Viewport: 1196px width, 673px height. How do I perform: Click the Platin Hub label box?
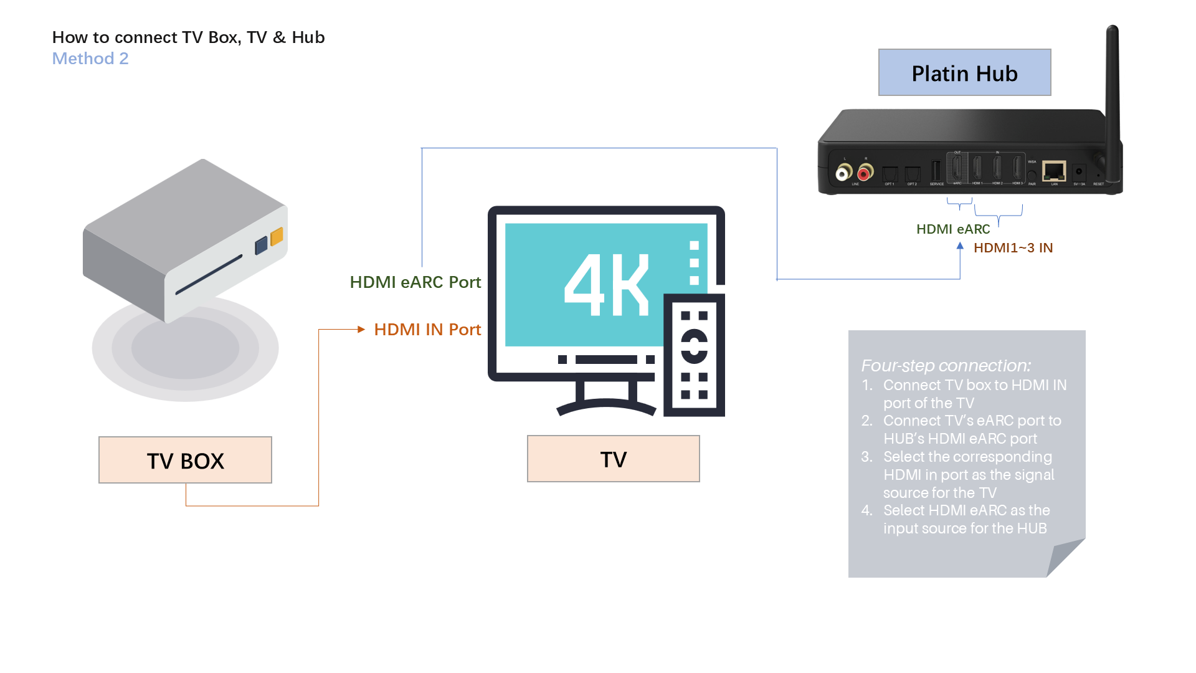(x=964, y=73)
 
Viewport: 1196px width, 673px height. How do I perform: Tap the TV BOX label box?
(x=185, y=461)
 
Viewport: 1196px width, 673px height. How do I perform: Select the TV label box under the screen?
(x=613, y=459)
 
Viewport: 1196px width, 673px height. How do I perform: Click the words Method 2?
(x=90, y=59)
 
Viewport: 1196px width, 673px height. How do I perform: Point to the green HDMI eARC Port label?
(x=415, y=282)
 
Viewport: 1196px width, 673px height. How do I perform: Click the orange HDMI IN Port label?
(x=427, y=330)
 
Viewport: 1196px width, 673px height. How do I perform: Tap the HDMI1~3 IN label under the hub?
(x=1013, y=248)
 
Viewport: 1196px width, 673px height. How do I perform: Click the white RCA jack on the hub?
(x=844, y=173)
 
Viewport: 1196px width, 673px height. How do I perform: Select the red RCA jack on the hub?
(x=865, y=172)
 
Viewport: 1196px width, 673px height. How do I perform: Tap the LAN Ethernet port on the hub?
(x=1054, y=170)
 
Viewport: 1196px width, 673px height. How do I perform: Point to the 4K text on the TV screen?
(x=607, y=285)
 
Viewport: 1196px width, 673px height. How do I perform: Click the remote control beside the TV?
(x=694, y=355)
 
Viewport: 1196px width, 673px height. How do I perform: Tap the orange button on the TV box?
(x=277, y=236)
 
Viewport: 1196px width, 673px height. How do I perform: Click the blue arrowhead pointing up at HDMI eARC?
(x=960, y=246)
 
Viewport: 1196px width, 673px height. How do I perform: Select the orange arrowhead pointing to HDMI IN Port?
(x=361, y=329)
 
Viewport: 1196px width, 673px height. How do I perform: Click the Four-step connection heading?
(x=946, y=366)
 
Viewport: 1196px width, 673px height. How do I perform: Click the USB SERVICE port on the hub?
(x=936, y=171)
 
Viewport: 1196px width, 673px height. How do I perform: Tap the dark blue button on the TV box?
(x=262, y=245)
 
